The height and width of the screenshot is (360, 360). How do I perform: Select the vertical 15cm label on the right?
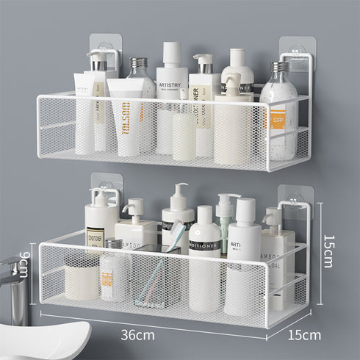(x=328, y=250)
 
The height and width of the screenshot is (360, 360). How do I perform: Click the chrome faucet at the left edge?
(x=13, y=283)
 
